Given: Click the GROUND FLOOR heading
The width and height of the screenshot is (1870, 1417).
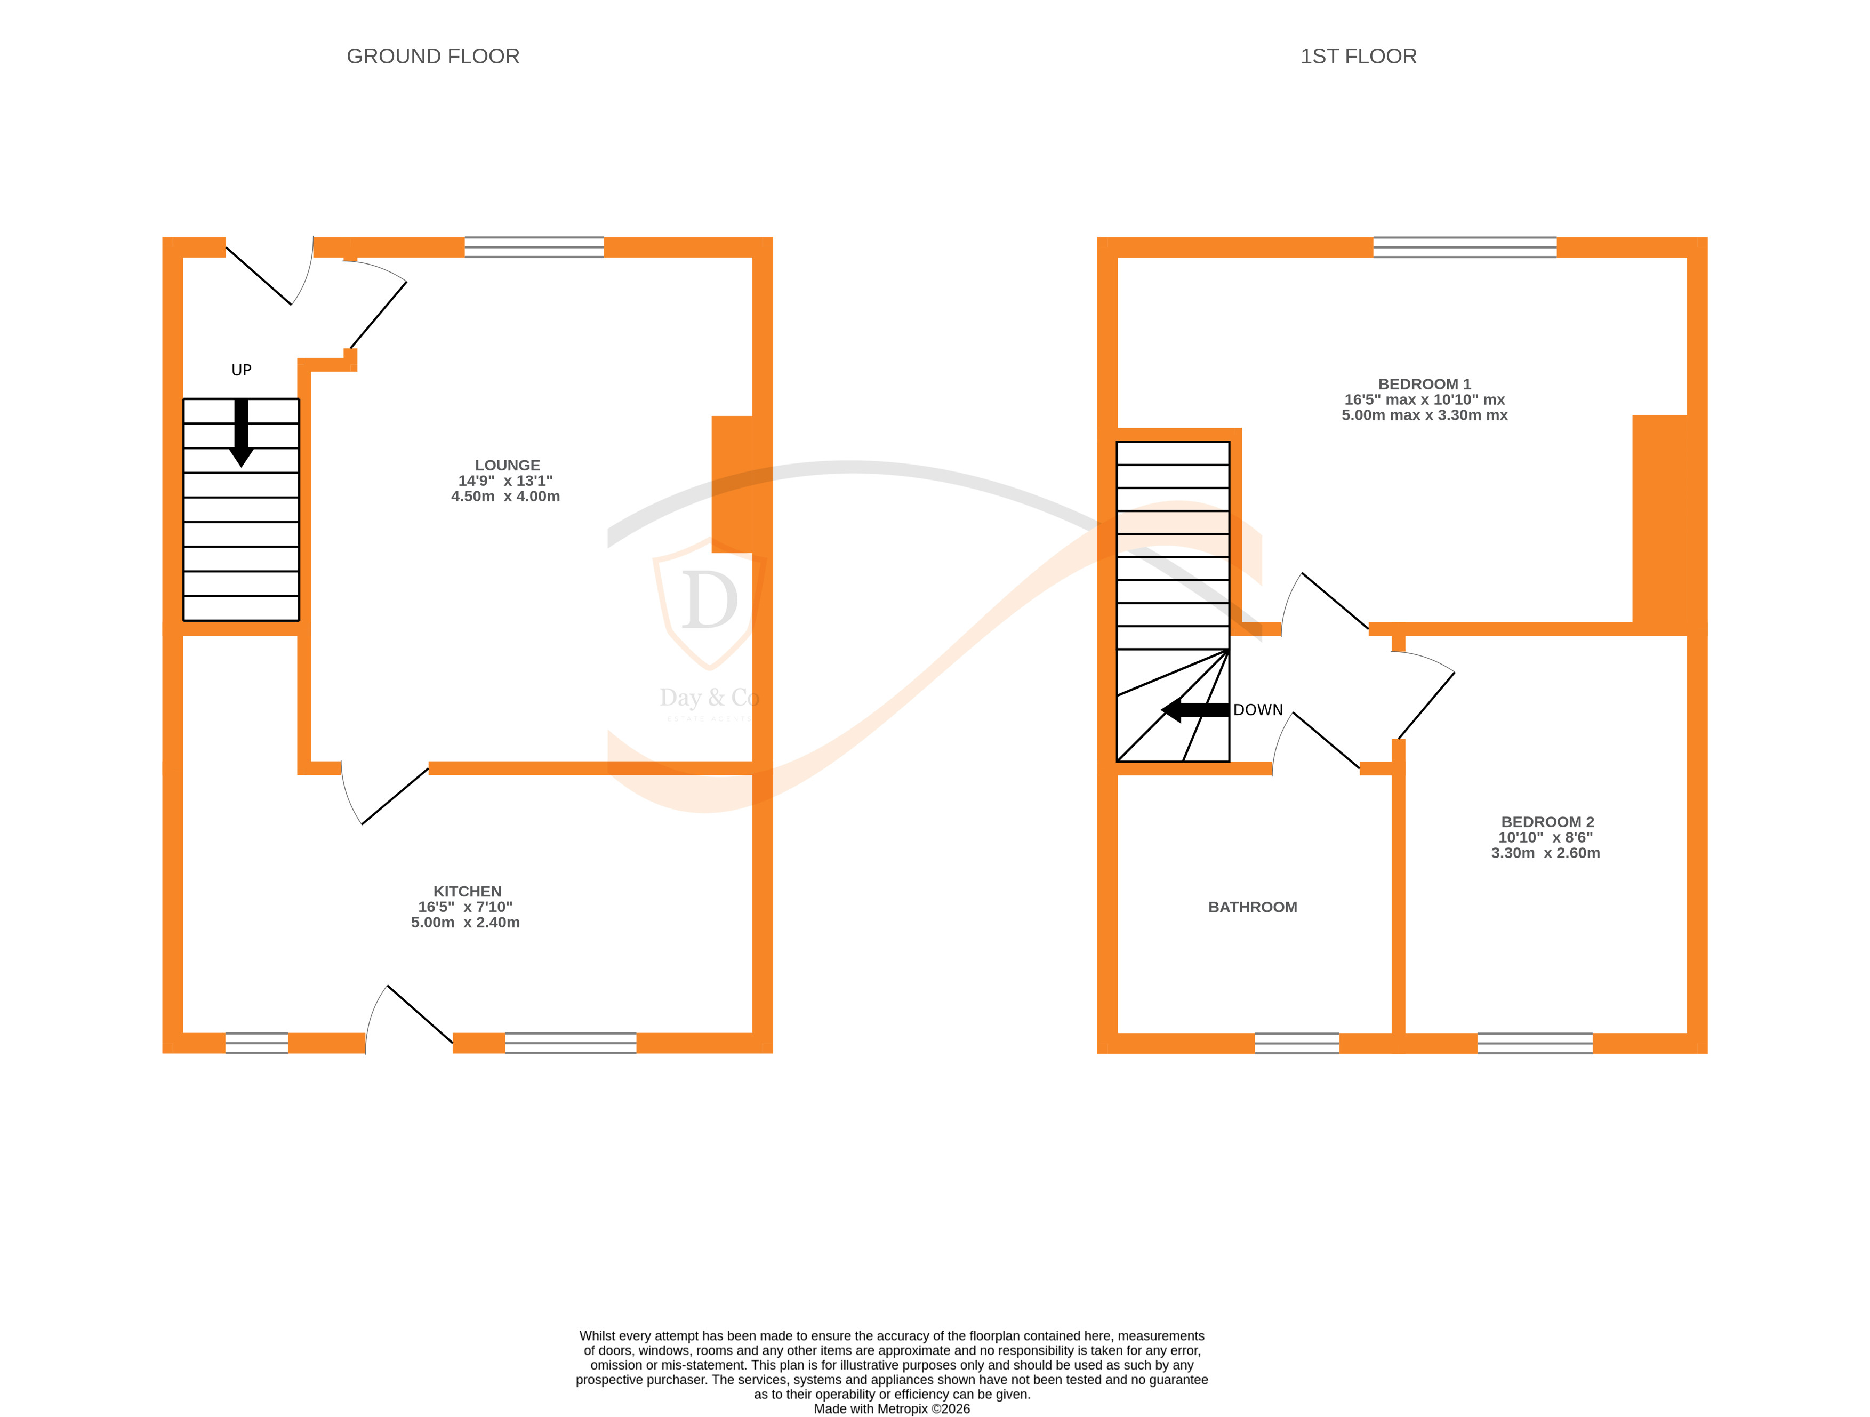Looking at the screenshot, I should point(433,57).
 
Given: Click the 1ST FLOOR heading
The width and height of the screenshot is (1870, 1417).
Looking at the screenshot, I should point(1358,57).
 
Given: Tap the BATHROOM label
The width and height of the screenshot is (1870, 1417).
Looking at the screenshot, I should point(1252,907).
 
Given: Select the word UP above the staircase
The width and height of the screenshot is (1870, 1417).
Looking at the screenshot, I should point(241,370).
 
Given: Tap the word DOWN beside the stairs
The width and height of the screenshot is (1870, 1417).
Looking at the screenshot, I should point(1258,710).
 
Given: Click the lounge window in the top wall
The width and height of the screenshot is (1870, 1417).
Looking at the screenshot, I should point(534,247).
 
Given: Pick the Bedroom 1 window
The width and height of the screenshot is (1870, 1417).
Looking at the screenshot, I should point(1464,247).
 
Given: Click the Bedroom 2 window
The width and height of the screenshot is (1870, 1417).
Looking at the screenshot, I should point(1535,1043).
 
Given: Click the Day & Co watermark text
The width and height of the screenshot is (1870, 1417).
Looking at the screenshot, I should point(709,698).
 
